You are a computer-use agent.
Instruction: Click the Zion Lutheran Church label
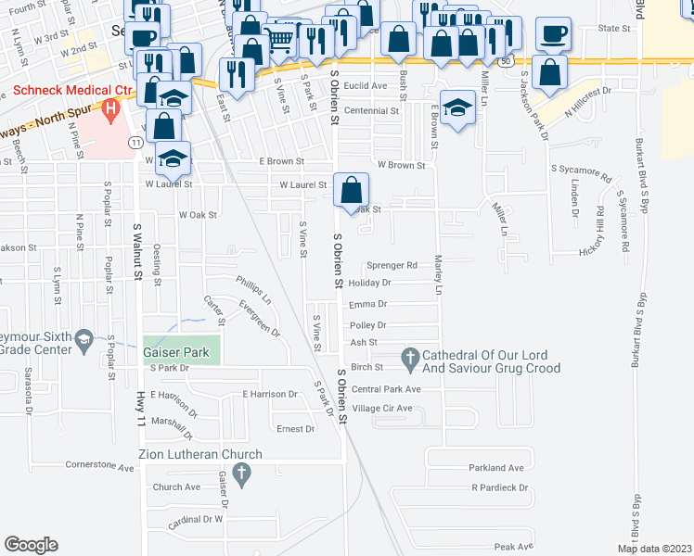(x=200, y=454)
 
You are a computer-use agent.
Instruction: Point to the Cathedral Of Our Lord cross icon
(x=409, y=357)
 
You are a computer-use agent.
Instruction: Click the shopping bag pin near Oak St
(x=350, y=192)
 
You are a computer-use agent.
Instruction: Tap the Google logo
(x=31, y=544)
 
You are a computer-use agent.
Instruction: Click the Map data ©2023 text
(x=654, y=549)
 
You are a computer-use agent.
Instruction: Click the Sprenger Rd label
(x=392, y=265)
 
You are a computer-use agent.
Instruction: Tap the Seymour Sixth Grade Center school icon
(x=84, y=340)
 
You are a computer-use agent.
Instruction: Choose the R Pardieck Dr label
(x=499, y=487)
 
